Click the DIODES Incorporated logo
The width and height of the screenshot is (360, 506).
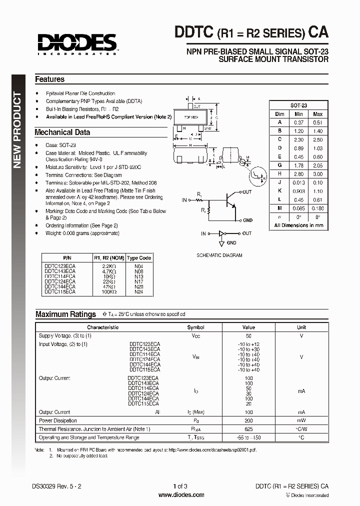[x=76, y=43]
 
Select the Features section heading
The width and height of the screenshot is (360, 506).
[x=49, y=79]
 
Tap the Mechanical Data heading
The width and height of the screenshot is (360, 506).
[x=62, y=132]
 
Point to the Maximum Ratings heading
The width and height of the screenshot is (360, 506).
[x=65, y=314]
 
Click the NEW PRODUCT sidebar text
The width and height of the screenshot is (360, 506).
[x=17, y=130]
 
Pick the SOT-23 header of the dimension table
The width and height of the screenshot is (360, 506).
[x=298, y=105]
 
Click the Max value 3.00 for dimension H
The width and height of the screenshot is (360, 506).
[x=317, y=173]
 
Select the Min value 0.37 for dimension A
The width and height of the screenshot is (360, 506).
[x=298, y=122]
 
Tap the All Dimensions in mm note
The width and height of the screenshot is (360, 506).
[x=298, y=225]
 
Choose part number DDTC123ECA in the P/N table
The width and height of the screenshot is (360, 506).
[x=60, y=266]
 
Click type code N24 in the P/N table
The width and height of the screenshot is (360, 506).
[x=138, y=291]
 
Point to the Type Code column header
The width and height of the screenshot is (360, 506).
[x=138, y=258]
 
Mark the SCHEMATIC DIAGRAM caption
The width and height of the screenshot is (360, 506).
[x=219, y=255]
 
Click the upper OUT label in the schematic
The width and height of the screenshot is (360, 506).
[x=247, y=192]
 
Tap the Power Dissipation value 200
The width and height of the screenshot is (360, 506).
[x=248, y=421]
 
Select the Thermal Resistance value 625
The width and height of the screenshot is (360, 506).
[x=248, y=429]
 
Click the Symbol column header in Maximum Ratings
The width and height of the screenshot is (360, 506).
[x=195, y=327]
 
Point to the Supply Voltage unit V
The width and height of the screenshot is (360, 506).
[x=301, y=336]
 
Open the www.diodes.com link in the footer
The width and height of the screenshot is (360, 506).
[x=181, y=495]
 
